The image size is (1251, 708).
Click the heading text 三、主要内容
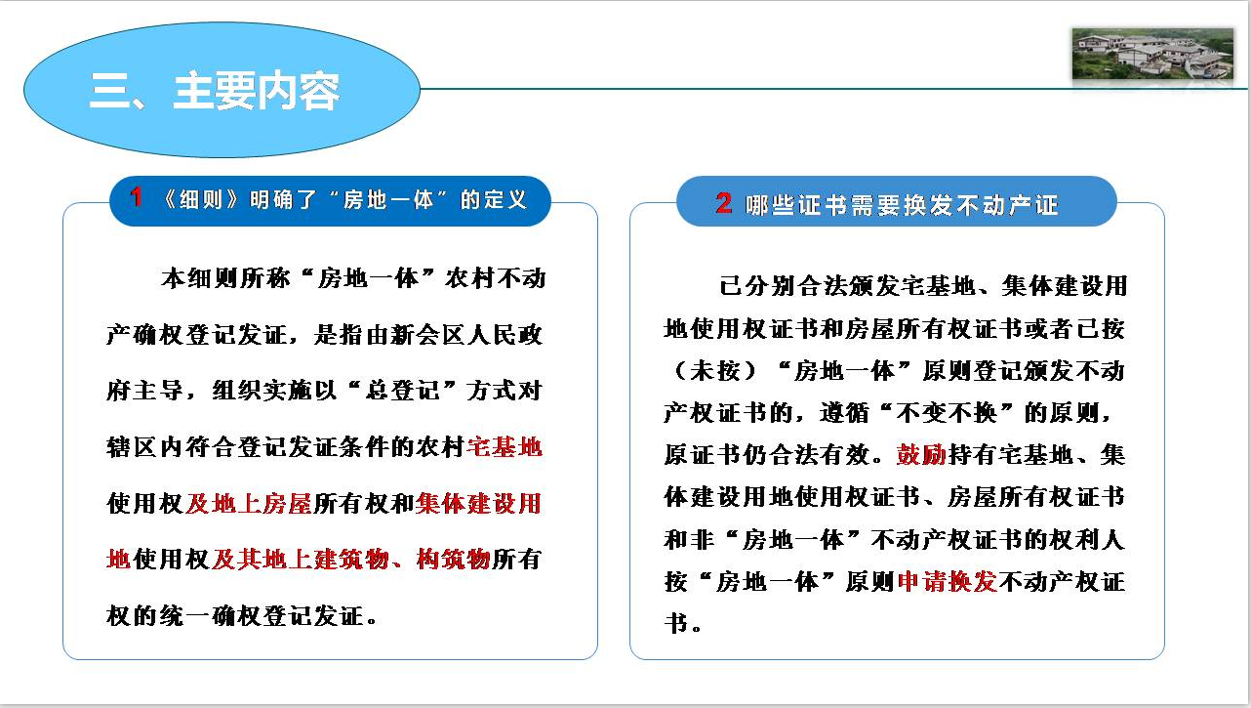[x=215, y=91]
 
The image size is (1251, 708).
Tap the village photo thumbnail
[x=1152, y=55]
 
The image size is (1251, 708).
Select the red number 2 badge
[x=724, y=203]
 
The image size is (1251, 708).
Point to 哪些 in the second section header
[x=770, y=205]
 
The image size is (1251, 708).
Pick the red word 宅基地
[x=504, y=447]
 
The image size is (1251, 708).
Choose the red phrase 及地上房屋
[x=249, y=504]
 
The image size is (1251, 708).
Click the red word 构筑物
[x=454, y=559]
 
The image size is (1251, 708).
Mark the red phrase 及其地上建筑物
[x=300, y=559]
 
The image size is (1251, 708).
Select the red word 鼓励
[x=921, y=454]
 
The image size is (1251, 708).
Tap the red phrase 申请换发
[x=948, y=582]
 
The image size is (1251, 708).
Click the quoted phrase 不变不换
[x=947, y=413]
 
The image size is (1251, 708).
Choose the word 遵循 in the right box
[x=844, y=413]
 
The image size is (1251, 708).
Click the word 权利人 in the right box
[x=1087, y=540]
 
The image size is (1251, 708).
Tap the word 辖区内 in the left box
[x=145, y=447]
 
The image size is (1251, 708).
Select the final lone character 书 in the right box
[x=676, y=623]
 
